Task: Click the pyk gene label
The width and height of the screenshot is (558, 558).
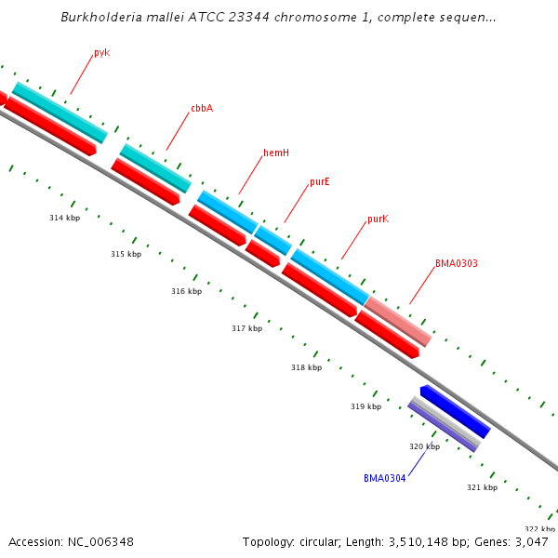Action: click(x=101, y=53)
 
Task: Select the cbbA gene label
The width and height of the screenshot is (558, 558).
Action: click(x=202, y=109)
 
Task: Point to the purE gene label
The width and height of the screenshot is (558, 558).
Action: click(x=320, y=182)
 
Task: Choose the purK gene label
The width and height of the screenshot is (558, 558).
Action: click(x=378, y=219)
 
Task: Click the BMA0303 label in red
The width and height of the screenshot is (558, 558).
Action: click(x=457, y=264)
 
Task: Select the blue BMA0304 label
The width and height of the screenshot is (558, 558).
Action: click(x=384, y=479)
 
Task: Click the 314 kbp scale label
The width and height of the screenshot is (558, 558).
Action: click(x=65, y=219)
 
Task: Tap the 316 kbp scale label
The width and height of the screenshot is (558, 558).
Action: click(x=186, y=292)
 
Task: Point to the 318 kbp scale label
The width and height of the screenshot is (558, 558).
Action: click(x=306, y=367)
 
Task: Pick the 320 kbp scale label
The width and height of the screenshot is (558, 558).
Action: click(x=424, y=447)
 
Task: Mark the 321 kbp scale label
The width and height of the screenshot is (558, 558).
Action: click(x=482, y=487)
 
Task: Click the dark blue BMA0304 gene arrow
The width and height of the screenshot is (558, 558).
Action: click(x=455, y=411)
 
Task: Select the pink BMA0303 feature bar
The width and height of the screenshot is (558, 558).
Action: click(x=398, y=321)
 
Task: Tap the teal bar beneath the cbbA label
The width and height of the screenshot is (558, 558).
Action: click(x=155, y=168)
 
